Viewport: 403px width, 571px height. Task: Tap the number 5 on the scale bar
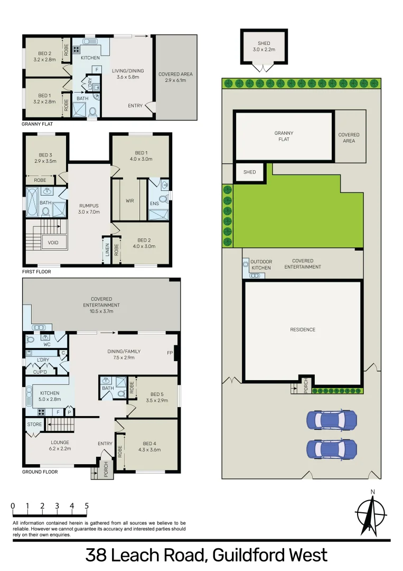click(86, 506)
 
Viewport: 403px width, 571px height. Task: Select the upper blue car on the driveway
click(332, 421)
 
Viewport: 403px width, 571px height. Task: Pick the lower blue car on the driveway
click(332, 449)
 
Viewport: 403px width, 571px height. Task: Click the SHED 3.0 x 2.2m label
click(264, 46)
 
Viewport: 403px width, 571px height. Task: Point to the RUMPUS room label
click(89, 208)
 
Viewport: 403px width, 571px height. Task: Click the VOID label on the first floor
click(53, 243)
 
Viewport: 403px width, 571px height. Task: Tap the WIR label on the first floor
click(130, 201)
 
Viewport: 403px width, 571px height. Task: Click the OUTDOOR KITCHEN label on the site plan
click(260, 264)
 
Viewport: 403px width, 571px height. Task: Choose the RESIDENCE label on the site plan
click(303, 329)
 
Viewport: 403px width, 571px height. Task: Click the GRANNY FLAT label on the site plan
click(284, 136)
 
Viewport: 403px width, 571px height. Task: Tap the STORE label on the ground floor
click(34, 424)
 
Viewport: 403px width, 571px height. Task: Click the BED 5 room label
click(157, 397)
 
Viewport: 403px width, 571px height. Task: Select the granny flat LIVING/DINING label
click(128, 73)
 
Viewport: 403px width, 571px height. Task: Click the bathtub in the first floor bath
click(31, 202)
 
